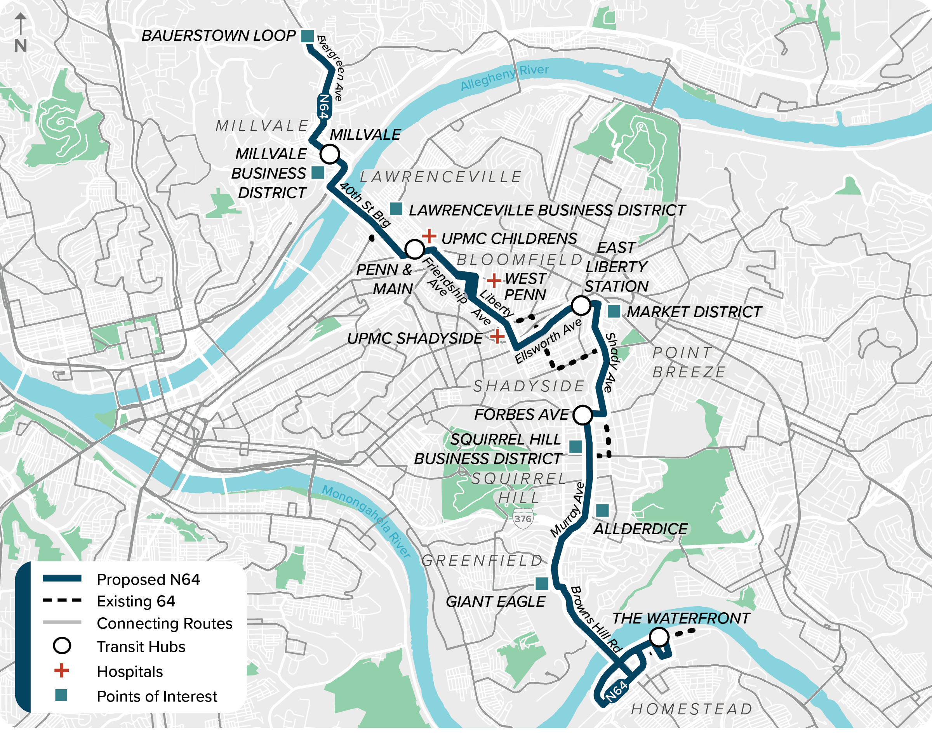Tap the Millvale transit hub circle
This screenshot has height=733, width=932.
(x=330, y=154)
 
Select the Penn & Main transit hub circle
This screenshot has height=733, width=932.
(x=415, y=249)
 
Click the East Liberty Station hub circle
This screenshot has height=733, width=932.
(x=581, y=306)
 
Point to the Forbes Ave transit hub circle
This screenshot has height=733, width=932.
(x=582, y=415)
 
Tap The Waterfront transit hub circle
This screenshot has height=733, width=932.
(x=659, y=637)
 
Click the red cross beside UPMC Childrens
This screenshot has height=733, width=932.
(x=429, y=236)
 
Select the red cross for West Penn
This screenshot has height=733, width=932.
(x=494, y=280)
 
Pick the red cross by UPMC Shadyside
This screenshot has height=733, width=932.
(x=497, y=337)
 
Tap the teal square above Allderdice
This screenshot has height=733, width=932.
(x=602, y=510)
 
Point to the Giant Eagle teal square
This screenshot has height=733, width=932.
(x=542, y=584)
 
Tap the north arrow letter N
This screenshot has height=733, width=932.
(x=20, y=45)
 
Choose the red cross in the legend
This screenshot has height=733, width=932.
(x=61, y=671)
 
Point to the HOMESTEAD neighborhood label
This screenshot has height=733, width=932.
(x=692, y=709)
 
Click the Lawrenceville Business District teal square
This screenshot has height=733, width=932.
(x=396, y=209)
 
